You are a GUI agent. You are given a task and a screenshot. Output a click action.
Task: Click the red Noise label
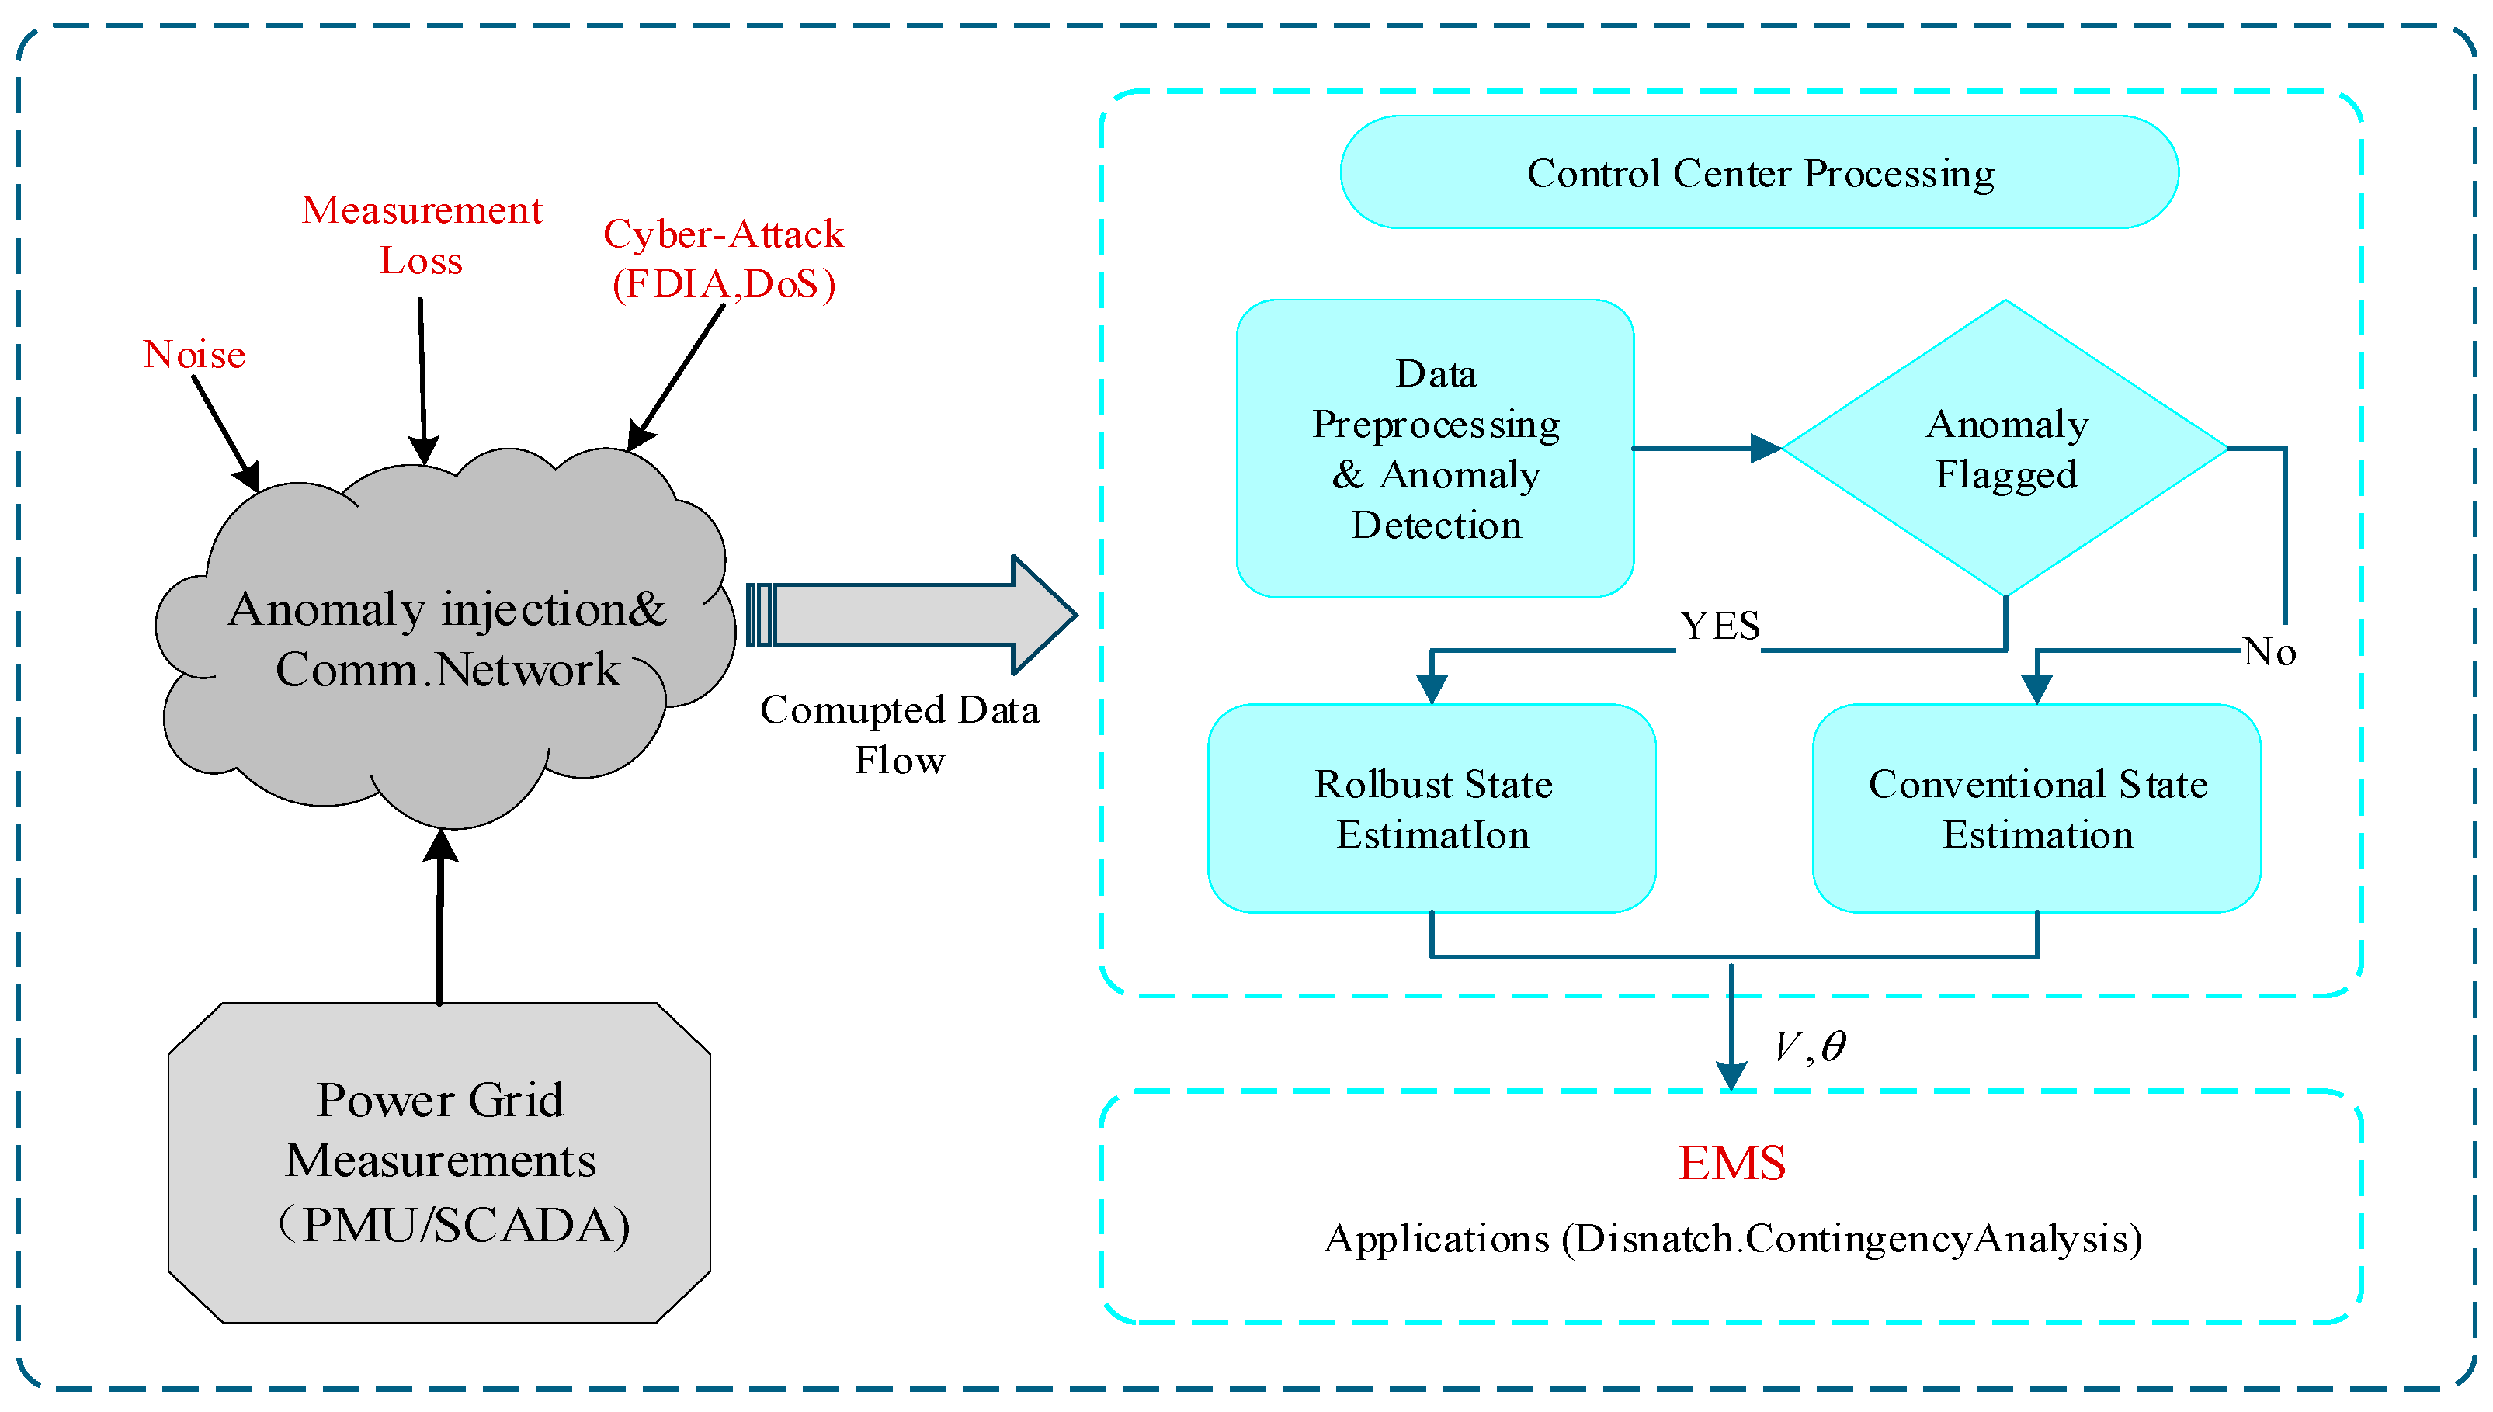[x=194, y=355]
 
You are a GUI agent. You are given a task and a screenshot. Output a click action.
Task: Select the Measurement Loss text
[x=421, y=234]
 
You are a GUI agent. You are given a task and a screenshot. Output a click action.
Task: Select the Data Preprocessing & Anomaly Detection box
[x=1434, y=448]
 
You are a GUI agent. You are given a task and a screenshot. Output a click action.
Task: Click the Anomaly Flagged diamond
[x=2005, y=448]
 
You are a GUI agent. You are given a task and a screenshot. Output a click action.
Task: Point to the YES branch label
[x=1719, y=626]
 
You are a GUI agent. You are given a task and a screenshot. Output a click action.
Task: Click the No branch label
[x=2268, y=652]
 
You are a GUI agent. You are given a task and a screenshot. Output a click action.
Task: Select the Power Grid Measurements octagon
[x=439, y=1162]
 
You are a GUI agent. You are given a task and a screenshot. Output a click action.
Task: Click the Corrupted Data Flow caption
[x=899, y=734]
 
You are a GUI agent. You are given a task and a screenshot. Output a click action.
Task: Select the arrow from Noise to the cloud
[x=225, y=432]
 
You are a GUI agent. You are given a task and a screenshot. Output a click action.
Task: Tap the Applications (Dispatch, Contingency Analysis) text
[x=1732, y=1238]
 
